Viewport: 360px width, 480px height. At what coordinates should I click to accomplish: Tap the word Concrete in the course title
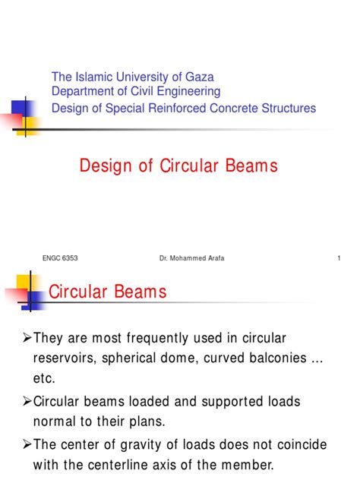pos(239,108)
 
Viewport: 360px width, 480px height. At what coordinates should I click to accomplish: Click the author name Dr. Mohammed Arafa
pos(191,258)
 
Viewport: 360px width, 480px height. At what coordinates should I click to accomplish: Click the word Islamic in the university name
pos(93,77)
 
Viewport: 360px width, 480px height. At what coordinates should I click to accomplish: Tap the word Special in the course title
pos(120,108)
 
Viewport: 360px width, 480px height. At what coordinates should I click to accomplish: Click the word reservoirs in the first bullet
pos(66,357)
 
